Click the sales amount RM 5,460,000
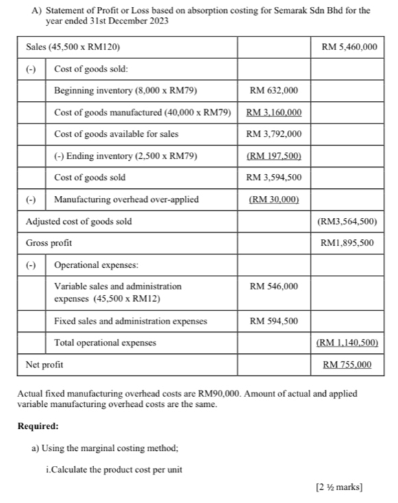(349, 47)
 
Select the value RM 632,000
(274, 91)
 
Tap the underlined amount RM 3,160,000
(274, 113)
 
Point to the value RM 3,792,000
(274, 134)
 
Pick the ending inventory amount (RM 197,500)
(274, 156)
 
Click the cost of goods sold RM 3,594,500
(274, 178)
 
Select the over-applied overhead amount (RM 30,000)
(274, 200)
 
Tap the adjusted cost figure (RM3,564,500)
(346, 221)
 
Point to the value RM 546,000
(274, 286)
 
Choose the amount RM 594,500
(274, 321)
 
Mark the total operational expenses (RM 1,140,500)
(346, 342)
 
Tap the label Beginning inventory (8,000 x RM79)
(126, 91)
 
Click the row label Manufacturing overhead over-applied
(126, 200)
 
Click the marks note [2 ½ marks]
(339, 488)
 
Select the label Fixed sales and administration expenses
(131, 321)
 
